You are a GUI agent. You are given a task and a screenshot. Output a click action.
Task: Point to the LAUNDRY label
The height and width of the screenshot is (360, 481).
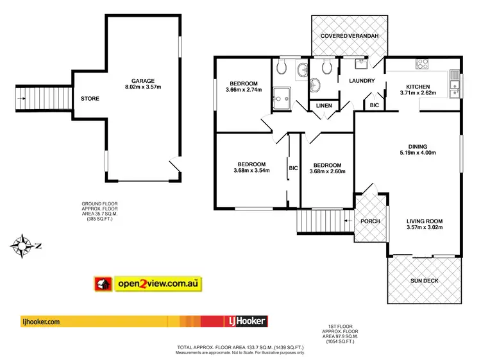click(x=361, y=81)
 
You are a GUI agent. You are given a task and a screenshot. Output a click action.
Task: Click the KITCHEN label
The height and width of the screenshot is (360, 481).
click(x=417, y=86)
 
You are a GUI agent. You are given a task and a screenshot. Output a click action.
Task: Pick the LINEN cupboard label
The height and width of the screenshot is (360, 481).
click(x=325, y=106)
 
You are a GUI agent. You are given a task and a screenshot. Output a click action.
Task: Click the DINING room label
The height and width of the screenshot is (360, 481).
click(x=417, y=146)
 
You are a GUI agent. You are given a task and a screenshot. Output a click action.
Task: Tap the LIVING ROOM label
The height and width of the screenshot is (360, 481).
click(x=424, y=221)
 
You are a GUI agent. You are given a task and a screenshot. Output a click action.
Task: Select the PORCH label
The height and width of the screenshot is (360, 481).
click(x=370, y=221)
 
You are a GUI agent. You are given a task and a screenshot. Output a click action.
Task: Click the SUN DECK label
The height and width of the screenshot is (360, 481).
click(x=425, y=280)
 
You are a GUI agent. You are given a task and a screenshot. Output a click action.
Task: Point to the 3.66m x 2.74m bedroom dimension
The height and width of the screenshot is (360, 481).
click(x=245, y=90)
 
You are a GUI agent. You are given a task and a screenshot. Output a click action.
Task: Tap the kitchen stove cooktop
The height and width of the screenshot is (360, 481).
click(x=423, y=64)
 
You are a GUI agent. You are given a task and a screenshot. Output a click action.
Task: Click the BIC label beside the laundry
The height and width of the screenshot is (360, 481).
click(x=375, y=105)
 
